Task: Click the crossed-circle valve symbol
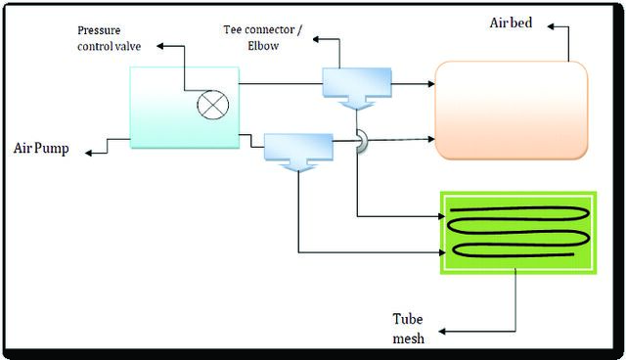coord(213,105)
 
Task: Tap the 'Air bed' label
coord(511,22)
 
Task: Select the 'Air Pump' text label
coord(41,148)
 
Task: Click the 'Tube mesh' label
coord(408,329)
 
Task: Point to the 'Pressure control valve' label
coord(109,38)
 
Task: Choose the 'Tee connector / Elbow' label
coord(263,37)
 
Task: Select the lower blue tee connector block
coord(298,152)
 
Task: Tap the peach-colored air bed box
coord(511,111)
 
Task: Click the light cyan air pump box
coord(185,108)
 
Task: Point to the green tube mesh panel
coord(518,233)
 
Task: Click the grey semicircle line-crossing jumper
coord(362,141)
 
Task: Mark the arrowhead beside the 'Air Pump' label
coord(89,153)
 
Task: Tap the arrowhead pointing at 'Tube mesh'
coord(442,332)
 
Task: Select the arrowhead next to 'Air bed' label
coord(551,26)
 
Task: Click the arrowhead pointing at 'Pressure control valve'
coord(160,46)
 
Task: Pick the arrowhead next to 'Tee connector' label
coord(316,39)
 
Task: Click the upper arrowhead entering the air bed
coord(430,84)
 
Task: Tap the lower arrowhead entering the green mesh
coord(442,252)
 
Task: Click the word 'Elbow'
coord(263,46)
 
